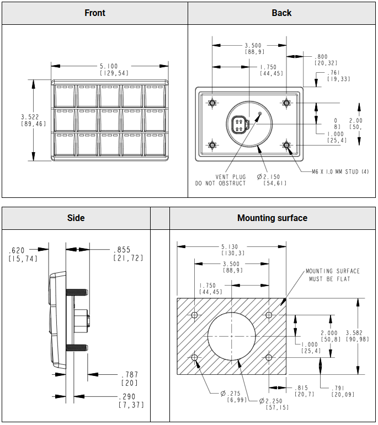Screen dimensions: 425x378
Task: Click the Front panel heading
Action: pyautogui.click(x=94, y=13)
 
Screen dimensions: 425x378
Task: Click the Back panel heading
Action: pyautogui.click(x=281, y=13)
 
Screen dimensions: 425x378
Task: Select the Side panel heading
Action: pyautogui.click(x=76, y=218)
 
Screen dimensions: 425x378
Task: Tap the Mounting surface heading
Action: pyautogui.click(x=272, y=218)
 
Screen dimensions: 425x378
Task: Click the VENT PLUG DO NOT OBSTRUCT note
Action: pyautogui.click(x=221, y=180)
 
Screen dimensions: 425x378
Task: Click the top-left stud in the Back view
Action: pyautogui.click(x=212, y=103)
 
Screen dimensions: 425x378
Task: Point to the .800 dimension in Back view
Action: pyautogui.click(x=321, y=60)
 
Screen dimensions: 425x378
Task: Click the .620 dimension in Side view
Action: pyautogui.click(x=20, y=254)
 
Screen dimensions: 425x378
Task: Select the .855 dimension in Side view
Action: pyautogui.click(x=127, y=254)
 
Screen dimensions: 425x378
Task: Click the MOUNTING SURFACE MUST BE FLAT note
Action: pyautogui.click(x=332, y=275)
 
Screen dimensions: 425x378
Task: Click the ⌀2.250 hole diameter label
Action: pyautogui.click(x=274, y=404)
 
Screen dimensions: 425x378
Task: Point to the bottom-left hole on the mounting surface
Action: pyautogui.click(x=194, y=358)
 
